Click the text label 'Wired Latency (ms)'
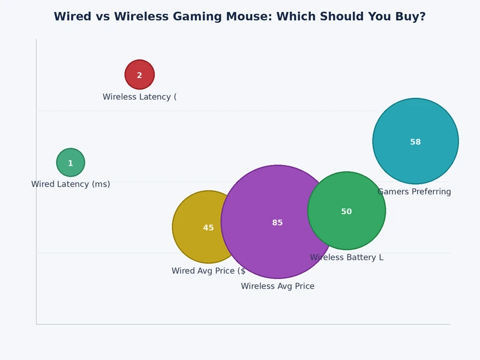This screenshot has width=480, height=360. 71,184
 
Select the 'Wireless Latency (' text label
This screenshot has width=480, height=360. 140,97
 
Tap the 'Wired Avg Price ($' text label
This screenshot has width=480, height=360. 208,271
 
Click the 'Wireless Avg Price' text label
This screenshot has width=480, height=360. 278,286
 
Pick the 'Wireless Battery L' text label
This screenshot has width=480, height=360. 346,257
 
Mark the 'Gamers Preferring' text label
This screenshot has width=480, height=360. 415,192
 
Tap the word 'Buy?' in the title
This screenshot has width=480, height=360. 411,17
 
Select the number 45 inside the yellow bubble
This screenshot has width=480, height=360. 208,228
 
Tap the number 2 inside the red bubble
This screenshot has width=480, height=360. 140,76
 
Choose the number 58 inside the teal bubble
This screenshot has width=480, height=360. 416,142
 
